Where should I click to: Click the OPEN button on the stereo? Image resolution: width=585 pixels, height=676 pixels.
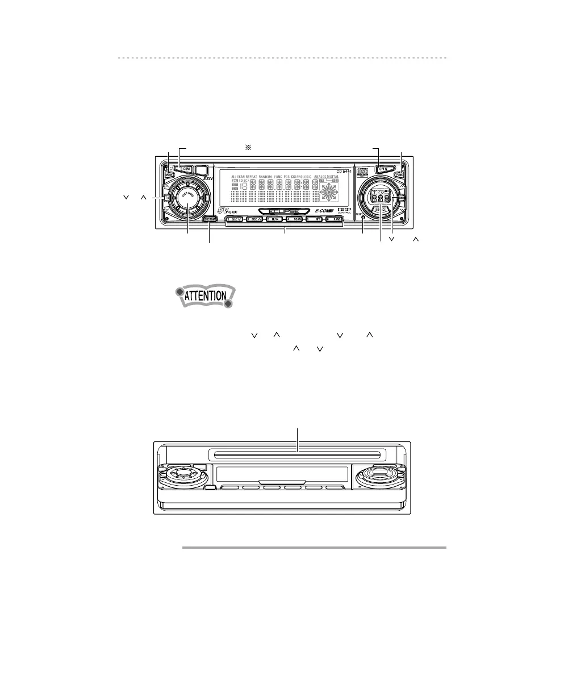click(383, 169)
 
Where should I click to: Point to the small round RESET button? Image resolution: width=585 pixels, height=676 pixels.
click(363, 218)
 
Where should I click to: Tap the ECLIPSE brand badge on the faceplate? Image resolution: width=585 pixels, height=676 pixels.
click(284, 211)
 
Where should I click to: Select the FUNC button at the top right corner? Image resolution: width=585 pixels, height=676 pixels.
click(402, 175)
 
